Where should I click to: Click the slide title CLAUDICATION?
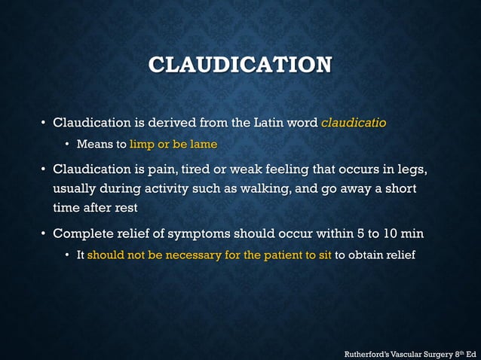(x=240, y=64)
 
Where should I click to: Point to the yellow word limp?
(x=142, y=144)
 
